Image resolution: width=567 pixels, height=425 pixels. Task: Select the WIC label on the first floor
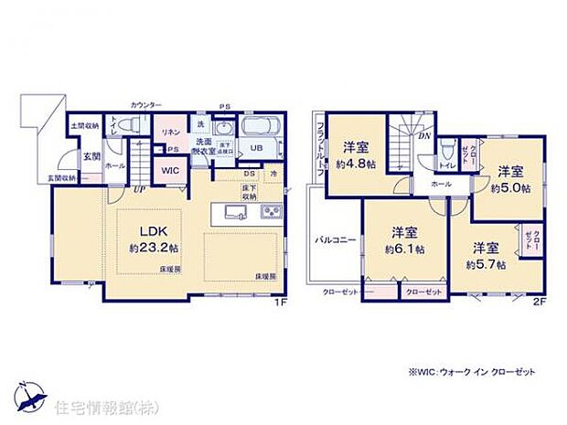170,170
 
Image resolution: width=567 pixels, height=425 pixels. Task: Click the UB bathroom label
257,149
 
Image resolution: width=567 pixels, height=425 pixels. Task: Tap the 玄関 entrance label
92,156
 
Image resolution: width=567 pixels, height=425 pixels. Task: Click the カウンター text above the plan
146,105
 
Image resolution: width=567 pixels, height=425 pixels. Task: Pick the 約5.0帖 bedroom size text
508,189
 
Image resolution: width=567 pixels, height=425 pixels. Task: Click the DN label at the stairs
424,136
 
